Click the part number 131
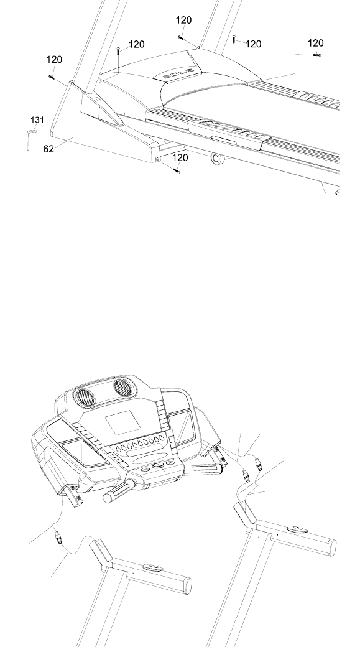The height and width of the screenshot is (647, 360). point(37,119)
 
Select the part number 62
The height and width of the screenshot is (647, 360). point(48,149)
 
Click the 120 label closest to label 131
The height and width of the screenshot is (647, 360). point(54,60)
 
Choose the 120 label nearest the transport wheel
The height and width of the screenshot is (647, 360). point(180,157)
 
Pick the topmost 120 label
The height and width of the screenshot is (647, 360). point(183,20)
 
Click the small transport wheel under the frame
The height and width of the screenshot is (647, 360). point(215,157)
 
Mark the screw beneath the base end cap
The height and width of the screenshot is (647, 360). point(177,170)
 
